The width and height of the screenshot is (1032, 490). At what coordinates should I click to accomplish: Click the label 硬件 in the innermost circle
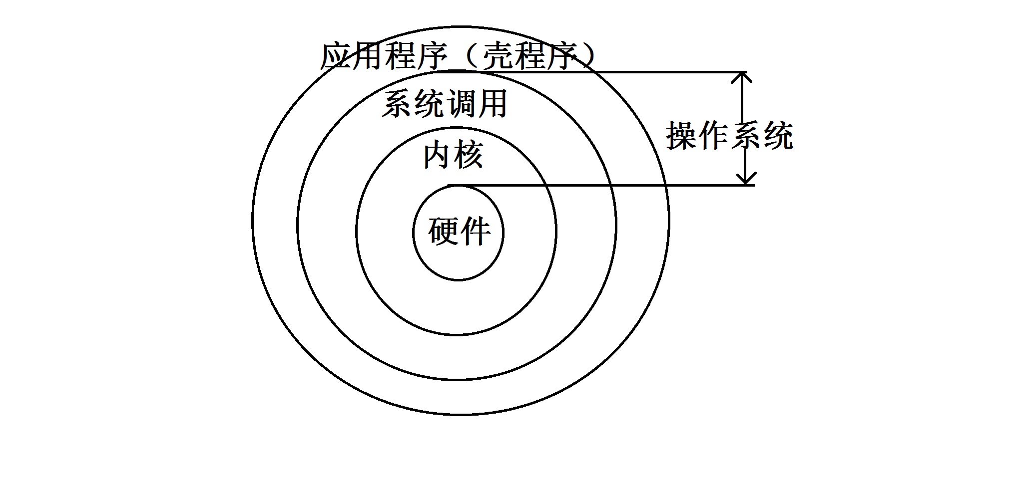(459, 232)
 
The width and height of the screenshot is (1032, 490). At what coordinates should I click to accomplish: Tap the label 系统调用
(445, 104)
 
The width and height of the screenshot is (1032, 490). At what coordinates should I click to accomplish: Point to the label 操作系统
(729, 135)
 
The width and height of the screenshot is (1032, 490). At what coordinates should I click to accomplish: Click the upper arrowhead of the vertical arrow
(743, 78)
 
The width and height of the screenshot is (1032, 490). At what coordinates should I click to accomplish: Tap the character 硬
(443, 232)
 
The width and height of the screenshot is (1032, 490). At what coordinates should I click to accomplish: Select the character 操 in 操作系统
(682, 135)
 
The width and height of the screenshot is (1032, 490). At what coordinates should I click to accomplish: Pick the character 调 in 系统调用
(460, 104)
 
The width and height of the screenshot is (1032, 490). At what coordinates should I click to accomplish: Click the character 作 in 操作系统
(713, 135)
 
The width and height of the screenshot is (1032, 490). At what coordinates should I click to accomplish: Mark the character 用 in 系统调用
(492, 104)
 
